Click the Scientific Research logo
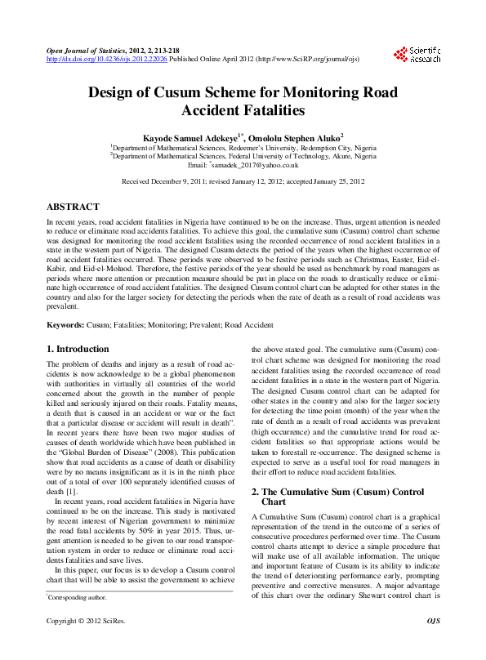418,54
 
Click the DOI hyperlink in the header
107,59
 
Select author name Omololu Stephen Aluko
296,136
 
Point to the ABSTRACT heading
73,207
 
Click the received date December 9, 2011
190,182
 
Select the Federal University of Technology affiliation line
243,155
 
